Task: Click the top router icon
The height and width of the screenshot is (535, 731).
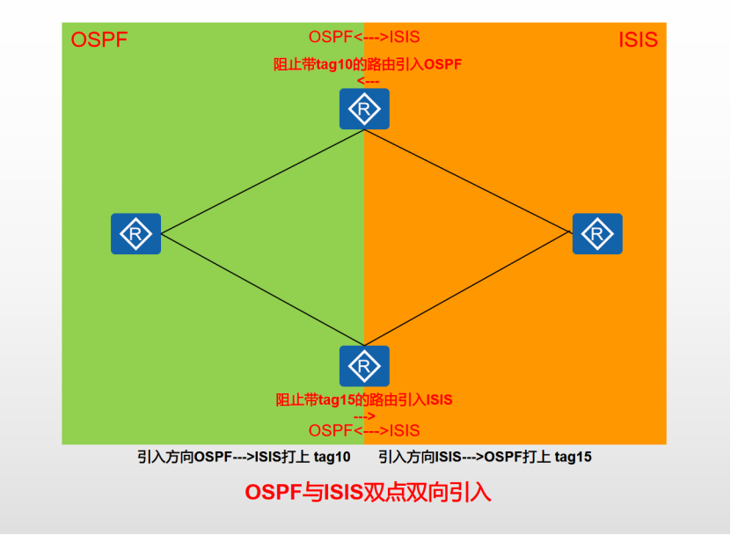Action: (x=364, y=109)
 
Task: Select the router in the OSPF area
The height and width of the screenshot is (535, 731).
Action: (x=135, y=234)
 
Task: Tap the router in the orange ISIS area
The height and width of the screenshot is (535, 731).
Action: (x=597, y=234)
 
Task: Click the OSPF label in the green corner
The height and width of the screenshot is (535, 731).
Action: (x=99, y=40)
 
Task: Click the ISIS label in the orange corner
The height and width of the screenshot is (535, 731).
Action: (x=638, y=40)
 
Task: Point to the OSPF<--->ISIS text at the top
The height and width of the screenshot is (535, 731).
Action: (x=364, y=37)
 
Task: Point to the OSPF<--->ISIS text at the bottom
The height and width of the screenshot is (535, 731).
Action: (x=364, y=430)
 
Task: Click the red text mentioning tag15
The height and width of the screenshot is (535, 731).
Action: (x=364, y=399)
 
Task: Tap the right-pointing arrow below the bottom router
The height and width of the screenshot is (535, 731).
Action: (x=364, y=414)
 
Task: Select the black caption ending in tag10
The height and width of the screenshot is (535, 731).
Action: (x=244, y=458)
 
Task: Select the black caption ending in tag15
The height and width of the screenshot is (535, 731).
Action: (x=485, y=458)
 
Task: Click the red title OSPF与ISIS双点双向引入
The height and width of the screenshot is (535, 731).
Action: (x=367, y=492)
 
